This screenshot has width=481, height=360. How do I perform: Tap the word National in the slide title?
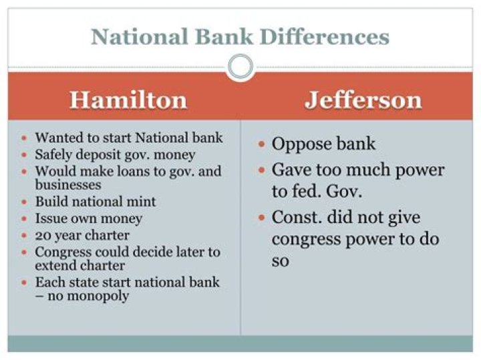click(140, 37)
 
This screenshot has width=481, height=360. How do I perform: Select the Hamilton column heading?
click(128, 100)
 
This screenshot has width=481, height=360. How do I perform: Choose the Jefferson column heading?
click(363, 100)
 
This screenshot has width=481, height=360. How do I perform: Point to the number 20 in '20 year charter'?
click(42, 236)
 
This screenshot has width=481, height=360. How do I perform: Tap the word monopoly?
click(88, 297)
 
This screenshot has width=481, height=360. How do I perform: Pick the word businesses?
click(67, 184)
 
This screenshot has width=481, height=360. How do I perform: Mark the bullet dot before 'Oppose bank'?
click(261, 144)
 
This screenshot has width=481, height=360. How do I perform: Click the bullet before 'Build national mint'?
click(25, 202)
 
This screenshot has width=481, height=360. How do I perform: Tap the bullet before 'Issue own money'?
click(25, 219)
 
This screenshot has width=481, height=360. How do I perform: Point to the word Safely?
click(53, 155)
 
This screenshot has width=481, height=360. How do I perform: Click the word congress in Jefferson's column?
click(306, 240)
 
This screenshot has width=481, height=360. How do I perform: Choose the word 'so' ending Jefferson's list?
click(280, 262)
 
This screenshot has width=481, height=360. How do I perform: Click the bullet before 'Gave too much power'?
click(261, 170)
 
